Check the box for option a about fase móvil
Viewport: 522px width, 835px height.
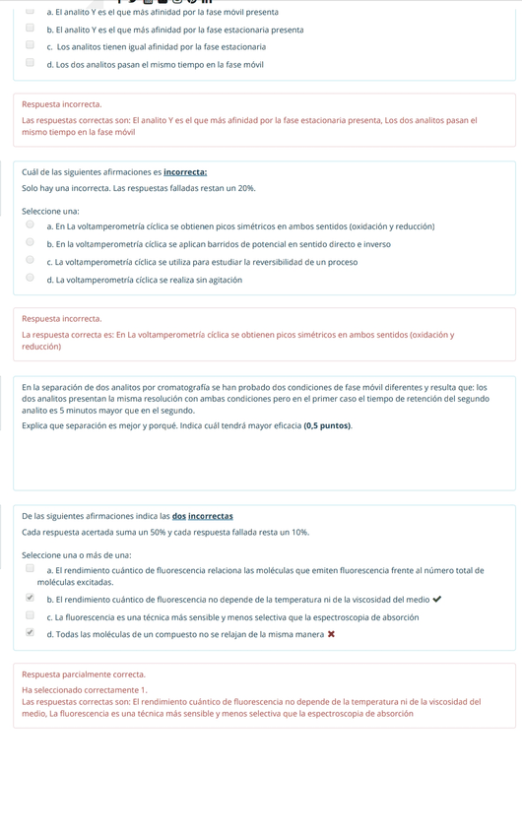(30, 12)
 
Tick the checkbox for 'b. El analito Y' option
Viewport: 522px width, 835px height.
(30, 29)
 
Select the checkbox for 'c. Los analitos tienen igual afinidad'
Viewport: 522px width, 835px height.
(30, 45)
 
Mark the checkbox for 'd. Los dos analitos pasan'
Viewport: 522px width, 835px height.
(30, 63)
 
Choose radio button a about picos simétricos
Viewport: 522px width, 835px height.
(30, 225)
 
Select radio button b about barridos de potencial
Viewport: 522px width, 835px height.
(30, 243)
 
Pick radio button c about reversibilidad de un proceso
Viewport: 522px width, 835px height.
(30, 261)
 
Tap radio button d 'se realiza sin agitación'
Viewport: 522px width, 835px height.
(30, 279)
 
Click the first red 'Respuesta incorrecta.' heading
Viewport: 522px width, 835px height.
(61, 104)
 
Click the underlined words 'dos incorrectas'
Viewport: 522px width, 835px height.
(202, 516)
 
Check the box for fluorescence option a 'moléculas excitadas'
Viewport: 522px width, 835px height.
(30, 569)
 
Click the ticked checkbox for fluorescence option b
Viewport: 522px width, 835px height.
(30, 598)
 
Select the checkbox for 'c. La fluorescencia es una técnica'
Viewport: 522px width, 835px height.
(30, 616)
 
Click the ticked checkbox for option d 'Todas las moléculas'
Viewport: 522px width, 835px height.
(30, 633)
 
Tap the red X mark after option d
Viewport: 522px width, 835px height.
(331, 634)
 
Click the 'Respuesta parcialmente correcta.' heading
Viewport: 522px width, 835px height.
(83, 674)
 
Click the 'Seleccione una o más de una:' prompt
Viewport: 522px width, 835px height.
(76, 554)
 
